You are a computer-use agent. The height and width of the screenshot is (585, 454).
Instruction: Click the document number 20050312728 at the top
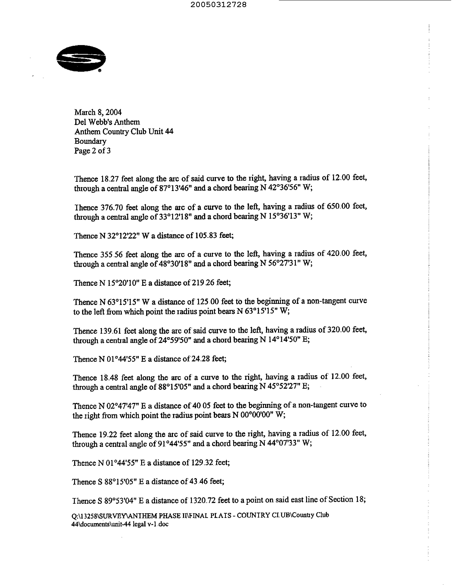[x=219, y=5]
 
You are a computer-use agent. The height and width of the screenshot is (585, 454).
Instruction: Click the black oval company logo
[x=81, y=58]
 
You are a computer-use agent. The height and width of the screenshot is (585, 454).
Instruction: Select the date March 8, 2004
[x=98, y=112]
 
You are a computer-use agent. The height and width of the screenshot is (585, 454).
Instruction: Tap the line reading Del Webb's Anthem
[x=107, y=122]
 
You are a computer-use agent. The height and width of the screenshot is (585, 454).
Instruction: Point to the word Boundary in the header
[x=90, y=141]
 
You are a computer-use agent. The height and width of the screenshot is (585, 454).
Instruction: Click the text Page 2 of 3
[x=92, y=151]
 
